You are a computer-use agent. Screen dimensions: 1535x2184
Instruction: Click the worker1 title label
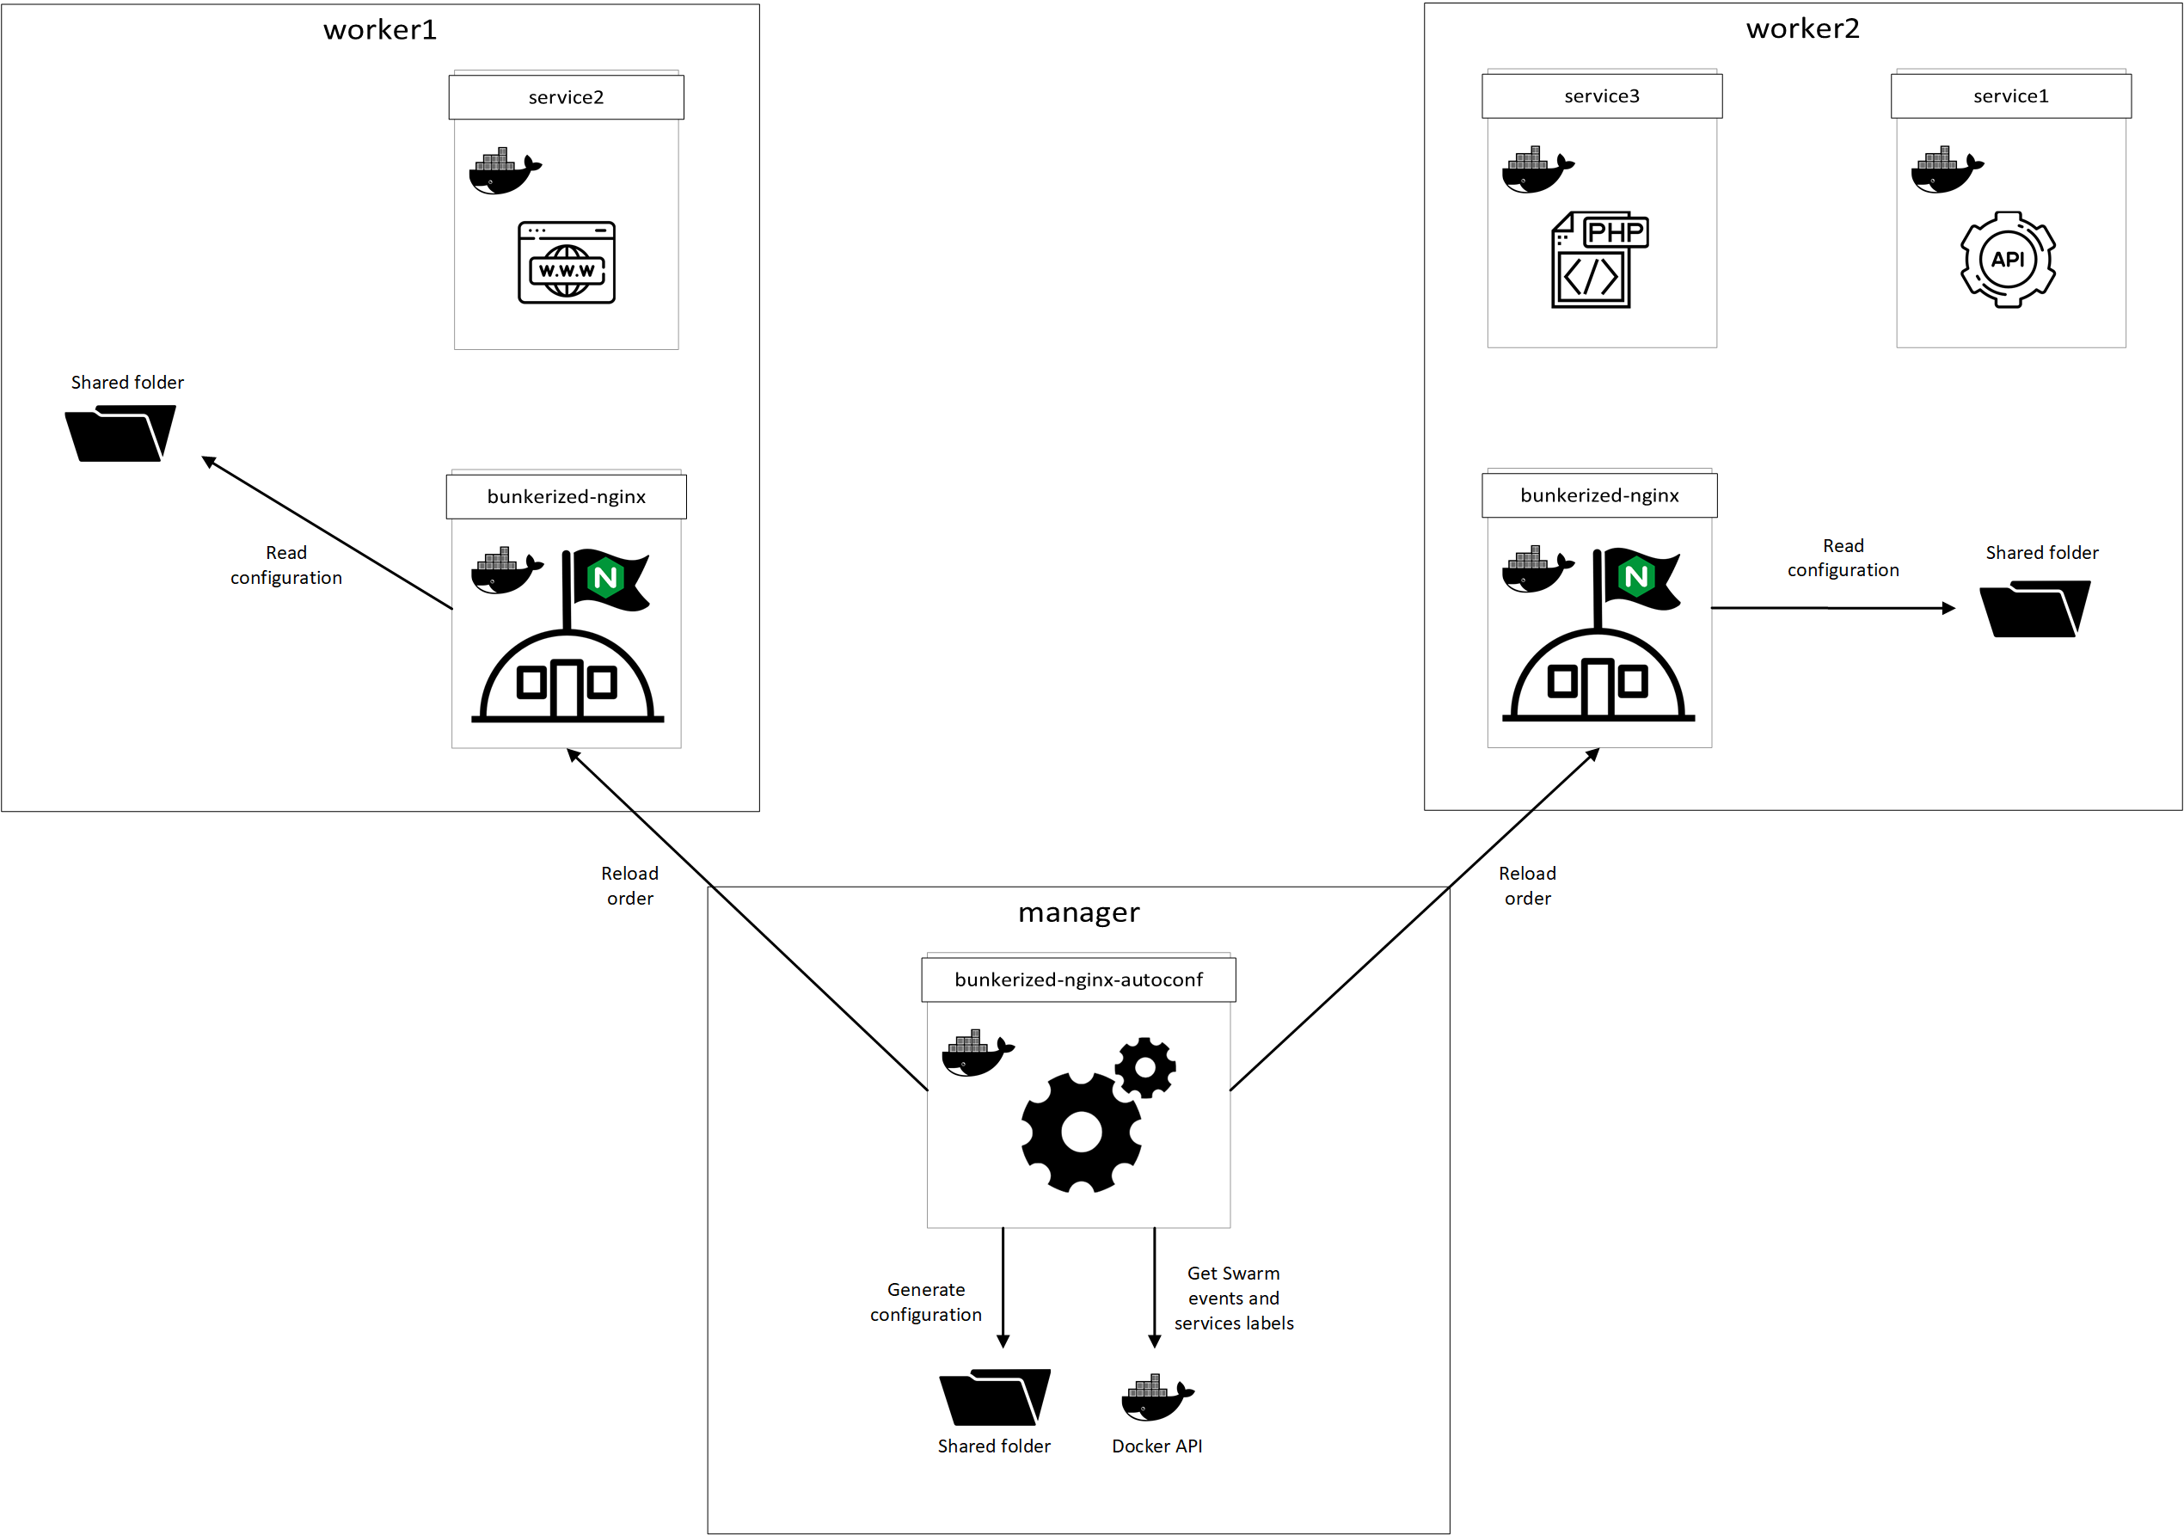(379, 30)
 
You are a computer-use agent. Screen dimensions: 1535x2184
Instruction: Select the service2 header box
(566, 97)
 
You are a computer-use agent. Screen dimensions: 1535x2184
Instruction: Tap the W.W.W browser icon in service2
(566, 263)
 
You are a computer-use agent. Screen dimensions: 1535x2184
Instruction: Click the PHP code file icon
(1599, 260)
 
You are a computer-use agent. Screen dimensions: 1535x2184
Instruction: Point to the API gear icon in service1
(2007, 260)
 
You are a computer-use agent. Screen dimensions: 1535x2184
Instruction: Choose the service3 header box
(1601, 96)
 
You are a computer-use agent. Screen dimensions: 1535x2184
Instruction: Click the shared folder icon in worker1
(120, 433)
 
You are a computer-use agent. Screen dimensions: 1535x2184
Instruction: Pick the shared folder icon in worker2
(2034, 609)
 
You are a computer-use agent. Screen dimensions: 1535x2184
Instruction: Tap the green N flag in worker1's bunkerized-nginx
(605, 577)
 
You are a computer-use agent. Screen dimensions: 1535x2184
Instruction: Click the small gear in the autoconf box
(1145, 1067)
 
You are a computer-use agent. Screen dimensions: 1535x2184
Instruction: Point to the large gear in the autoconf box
(1081, 1132)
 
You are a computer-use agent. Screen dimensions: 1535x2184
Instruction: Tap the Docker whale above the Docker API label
(1156, 1397)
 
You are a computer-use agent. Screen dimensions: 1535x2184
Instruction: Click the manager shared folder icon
(994, 1397)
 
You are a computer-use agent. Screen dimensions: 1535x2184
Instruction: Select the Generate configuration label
(925, 1302)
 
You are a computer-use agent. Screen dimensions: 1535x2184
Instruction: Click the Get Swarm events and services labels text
(1234, 1299)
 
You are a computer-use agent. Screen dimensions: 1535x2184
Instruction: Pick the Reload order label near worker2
(1527, 886)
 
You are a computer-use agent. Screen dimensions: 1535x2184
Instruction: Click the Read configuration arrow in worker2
(1831, 608)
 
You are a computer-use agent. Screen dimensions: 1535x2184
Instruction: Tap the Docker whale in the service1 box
(1946, 170)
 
